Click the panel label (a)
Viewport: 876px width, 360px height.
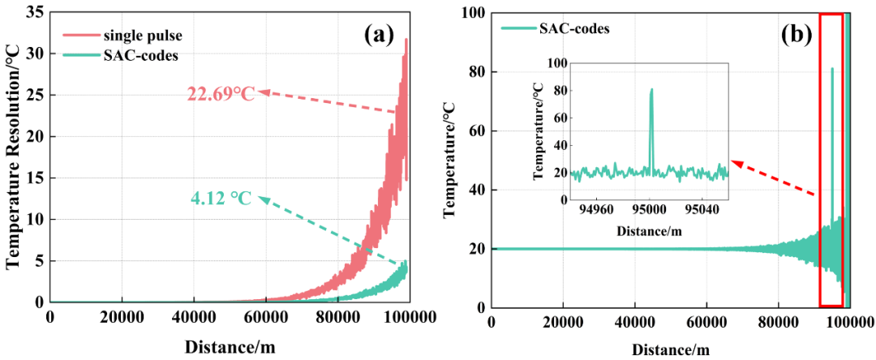pyautogui.click(x=379, y=34)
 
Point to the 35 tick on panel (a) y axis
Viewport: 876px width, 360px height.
pyautogui.click(x=34, y=12)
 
